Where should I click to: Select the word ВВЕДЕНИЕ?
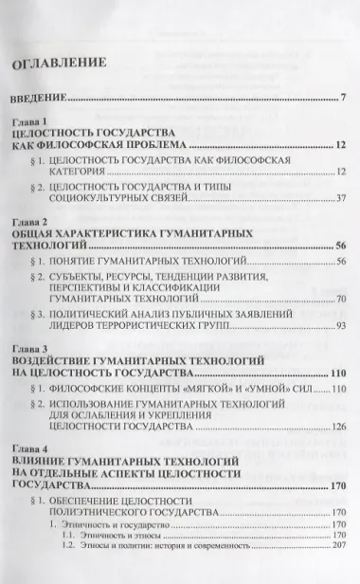[x=39, y=98]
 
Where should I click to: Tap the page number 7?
[x=343, y=98]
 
